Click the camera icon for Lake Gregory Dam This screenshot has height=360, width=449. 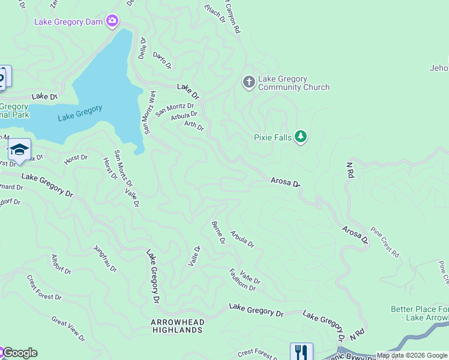pyautogui.click(x=112, y=22)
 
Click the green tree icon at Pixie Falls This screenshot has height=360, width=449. pyautogui.click(x=301, y=137)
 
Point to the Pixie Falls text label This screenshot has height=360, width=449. pyautogui.click(x=273, y=138)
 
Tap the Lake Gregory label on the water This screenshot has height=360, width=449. pyautogui.click(x=80, y=113)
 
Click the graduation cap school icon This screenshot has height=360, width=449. pyautogui.click(x=19, y=150)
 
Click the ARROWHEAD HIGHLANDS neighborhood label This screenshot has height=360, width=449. pyautogui.click(x=177, y=326)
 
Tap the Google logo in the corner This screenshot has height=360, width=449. pyautogui.click(x=19, y=353)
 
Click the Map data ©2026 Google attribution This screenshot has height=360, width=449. pyautogui.click(x=412, y=355)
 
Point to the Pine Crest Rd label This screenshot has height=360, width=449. pyautogui.click(x=385, y=242)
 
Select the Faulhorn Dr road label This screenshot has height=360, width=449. pyautogui.click(x=243, y=280)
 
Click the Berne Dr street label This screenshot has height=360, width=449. pyautogui.click(x=218, y=233)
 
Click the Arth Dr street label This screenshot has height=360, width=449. pyautogui.click(x=194, y=125)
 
